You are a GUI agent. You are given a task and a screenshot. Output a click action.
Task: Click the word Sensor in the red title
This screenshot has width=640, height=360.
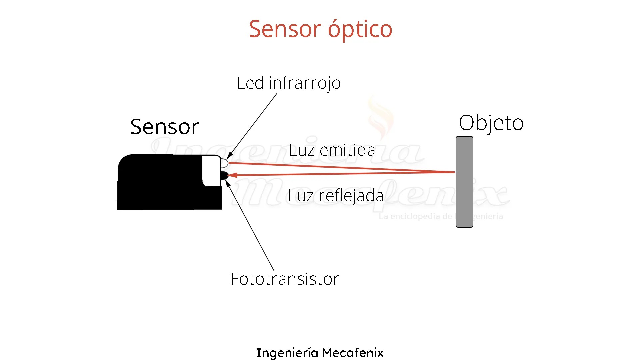coord(285,29)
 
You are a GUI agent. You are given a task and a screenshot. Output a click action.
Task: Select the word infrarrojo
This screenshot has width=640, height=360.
coord(304,83)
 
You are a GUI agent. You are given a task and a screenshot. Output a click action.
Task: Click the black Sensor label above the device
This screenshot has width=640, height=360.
coord(165,127)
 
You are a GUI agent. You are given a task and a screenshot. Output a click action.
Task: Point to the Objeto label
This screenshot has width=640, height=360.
coord(491,123)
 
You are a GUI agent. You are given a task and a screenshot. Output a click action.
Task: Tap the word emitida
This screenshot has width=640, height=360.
coord(347,150)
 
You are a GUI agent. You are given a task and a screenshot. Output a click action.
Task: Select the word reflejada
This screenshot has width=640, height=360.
coord(351,196)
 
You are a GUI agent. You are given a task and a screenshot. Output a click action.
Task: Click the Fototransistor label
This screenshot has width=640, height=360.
coord(285,279)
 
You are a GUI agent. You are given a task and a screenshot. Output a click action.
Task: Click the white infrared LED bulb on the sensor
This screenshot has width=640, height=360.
coord(224,163)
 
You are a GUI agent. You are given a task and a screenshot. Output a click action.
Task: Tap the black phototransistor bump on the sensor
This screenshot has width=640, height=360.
coord(224,175)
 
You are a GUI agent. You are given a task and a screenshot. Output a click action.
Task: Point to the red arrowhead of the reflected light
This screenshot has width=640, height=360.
coord(233,175)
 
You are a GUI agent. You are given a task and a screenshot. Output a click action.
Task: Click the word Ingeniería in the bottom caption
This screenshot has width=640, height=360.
coord(287,353)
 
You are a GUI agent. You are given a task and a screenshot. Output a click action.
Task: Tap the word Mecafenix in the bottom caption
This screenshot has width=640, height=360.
coord(353,353)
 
